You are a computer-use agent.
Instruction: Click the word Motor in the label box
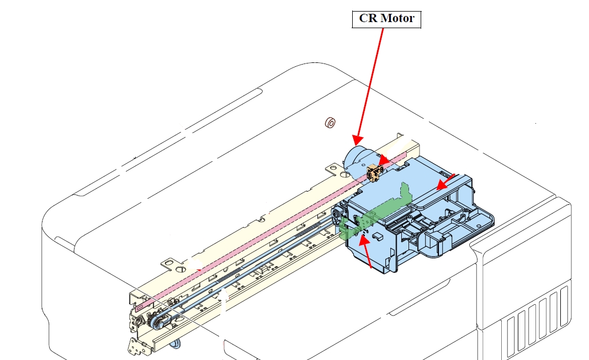(398, 19)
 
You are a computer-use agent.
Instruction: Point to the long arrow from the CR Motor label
(369, 83)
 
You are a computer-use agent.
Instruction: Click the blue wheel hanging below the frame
(176, 345)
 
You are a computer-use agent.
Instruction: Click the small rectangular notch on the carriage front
(378, 236)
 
